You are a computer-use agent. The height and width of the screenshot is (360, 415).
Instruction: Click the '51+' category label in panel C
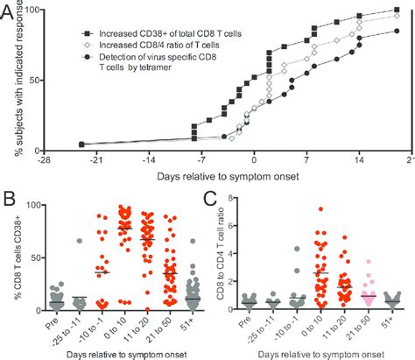pos(394,328)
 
